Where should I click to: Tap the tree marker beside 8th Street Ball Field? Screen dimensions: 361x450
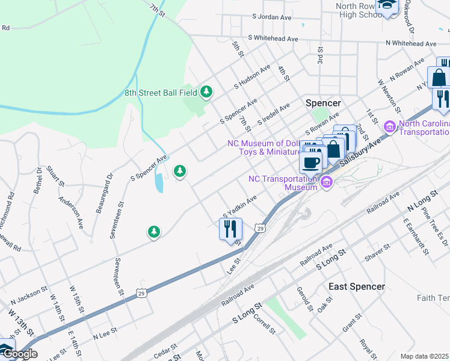pyautogui.click(x=207, y=91)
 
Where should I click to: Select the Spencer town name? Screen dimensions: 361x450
pyautogui.click(x=323, y=103)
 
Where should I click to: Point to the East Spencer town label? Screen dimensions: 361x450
pyautogui.click(x=356, y=286)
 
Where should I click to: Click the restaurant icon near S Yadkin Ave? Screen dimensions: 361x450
pyautogui.click(x=230, y=229)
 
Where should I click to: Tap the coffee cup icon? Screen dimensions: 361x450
pyautogui.click(x=311, y=162)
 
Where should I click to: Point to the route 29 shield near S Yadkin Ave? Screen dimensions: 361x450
pyautogui.click(x=259, y=228)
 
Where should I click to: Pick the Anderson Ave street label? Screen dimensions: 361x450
pyautogui.click(x=70, y=211)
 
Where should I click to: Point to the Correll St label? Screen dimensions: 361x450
pyautogui.click(x=265, y=323)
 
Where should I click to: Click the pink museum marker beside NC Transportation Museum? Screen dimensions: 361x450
pyautogui.click(x=327, y=182)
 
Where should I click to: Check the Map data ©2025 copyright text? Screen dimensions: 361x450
pyautogui.click(x=425, y=356)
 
